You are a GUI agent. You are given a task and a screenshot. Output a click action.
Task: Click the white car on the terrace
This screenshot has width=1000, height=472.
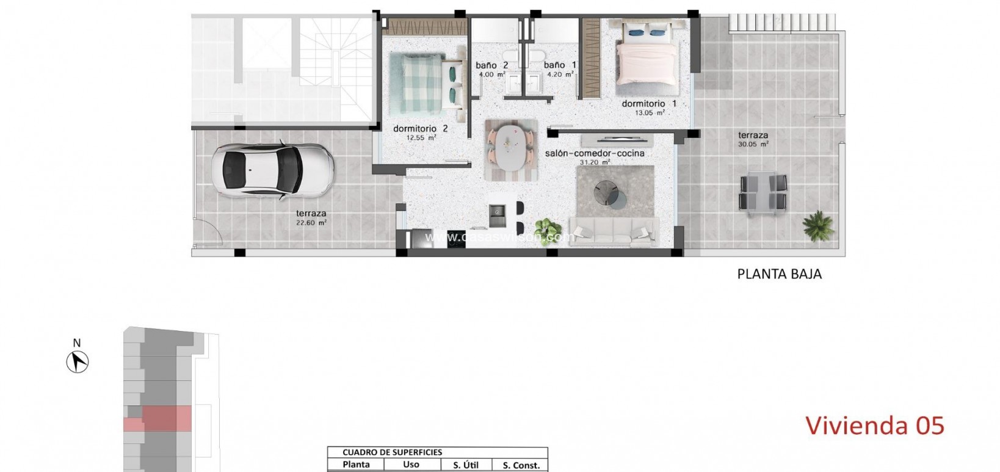(x=271, y=170)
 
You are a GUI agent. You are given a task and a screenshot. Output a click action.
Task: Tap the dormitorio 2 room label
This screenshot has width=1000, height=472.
(x=420, y=129)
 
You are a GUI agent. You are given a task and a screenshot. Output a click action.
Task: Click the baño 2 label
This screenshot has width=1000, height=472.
(x=492, y=65)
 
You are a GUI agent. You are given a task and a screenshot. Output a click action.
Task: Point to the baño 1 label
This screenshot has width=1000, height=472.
(x=559, y=65)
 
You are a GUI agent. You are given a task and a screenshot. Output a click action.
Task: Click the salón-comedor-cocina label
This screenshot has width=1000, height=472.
(x=595, y=153)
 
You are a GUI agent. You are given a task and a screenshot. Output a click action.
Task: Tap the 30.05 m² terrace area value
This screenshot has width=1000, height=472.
(x=752, y=145)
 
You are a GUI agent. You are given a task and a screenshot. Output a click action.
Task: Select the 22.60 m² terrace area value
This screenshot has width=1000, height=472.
(x=311, y=223)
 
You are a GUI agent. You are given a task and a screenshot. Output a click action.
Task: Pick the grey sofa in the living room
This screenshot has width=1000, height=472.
(x=613, y=231)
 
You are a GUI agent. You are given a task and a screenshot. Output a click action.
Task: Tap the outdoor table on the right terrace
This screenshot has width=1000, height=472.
(x=763, y=192)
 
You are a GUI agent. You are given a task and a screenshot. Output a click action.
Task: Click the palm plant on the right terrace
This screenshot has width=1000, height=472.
(x=817, y=226)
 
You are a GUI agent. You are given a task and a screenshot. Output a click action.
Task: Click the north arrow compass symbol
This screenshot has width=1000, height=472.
(x=78, y=363)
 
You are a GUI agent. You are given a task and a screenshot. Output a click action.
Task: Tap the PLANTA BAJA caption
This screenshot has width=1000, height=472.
(x=779, y=274)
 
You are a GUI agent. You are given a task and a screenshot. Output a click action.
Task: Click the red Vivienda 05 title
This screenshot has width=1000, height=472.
(x=874, y=426)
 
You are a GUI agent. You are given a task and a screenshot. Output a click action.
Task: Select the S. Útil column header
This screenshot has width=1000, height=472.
(x=465, y=465)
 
